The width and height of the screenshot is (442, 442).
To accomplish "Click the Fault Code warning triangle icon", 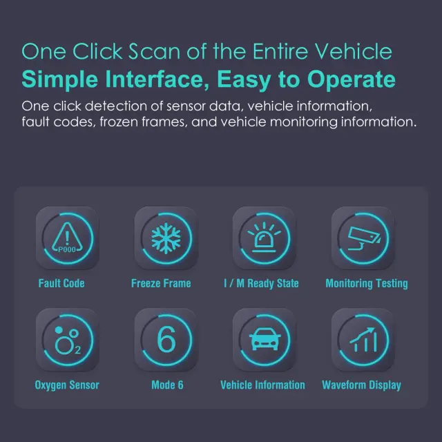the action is (67, 238).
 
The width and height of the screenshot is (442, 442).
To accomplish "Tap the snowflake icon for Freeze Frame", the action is (166, 238).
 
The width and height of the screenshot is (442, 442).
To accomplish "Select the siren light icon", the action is (264, 238).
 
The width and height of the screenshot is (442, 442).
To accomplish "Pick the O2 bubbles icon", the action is (68, 340).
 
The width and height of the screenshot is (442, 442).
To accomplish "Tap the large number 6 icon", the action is (166, 339).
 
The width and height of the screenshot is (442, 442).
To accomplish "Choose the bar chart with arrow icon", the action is (363, 340).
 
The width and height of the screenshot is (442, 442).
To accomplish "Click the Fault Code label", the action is (61, 283).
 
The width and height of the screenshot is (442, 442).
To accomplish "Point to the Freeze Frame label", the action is (161, 283).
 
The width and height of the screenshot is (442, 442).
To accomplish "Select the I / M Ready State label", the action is (261, 284).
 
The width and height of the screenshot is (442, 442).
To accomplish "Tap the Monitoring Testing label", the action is (367, 284).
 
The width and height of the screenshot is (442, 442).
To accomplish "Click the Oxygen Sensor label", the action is (67, 385).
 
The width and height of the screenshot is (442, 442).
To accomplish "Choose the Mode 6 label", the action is (167, 385).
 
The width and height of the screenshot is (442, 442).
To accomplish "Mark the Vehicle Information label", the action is (262, 385).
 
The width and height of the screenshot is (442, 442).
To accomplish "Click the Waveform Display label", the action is (361, 385).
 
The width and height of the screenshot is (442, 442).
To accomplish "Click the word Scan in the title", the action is (154, 52).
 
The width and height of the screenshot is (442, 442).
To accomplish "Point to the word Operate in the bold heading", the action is (352, 80).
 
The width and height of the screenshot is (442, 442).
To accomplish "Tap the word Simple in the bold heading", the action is (60, 80).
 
